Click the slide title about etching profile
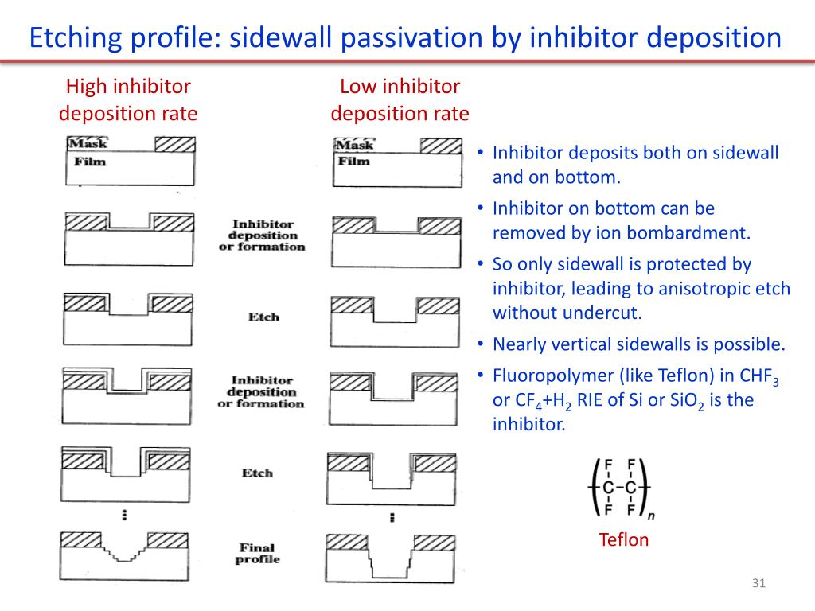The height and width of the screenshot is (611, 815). (405, 37)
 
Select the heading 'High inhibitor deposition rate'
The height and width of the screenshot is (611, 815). (128, 99)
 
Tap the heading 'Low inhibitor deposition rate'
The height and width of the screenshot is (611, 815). (400, 99)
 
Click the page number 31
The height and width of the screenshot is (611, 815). (758, 585)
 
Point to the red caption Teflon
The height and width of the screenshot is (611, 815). (623, 540)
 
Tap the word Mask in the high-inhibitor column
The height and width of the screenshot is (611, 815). (88, 144)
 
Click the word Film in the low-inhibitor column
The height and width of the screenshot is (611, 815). (354, 162)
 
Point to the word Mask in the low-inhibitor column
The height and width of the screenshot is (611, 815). (355, 145)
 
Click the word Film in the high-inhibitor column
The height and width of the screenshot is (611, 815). (89, 162)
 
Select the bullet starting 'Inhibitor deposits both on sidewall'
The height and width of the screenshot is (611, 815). (635, 165)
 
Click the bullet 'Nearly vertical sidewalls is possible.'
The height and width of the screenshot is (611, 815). (638, 344)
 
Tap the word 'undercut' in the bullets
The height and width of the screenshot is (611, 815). (606, 313)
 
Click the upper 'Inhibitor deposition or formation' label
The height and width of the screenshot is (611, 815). (262, 235)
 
